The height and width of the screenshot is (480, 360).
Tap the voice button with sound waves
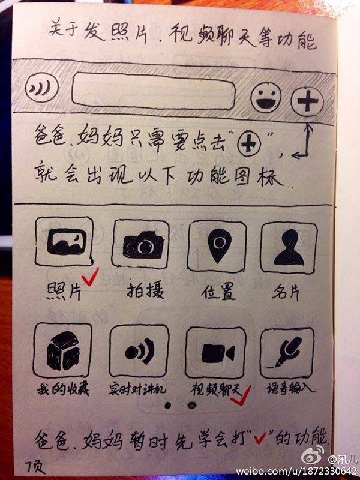tap(41, 87)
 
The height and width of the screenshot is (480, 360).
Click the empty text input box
tap(154, 91)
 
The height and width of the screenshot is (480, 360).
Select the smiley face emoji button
tap(266, 97)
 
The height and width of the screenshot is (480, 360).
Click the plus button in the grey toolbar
tap(307, 101)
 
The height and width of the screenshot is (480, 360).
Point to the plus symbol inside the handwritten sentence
tap(249, 144)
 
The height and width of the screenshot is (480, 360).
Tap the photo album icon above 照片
tap(64, 241)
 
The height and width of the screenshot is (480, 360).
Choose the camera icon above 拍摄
tap(141, 244)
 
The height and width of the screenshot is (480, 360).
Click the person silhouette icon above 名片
tap(289, 247)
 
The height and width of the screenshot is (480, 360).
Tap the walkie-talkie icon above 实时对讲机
tap(139, 351)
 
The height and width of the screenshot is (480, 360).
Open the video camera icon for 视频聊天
tap(216, 353)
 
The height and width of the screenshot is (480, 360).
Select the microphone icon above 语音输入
tap(287, 353)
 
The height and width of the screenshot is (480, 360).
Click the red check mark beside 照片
tap(89, 277)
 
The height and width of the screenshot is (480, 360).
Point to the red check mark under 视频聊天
tap(241, 396)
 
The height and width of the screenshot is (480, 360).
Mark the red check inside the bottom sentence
tap(260, 439)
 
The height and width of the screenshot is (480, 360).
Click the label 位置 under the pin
tap(218, 291)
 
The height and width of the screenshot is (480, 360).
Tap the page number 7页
tap(35, 467)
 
